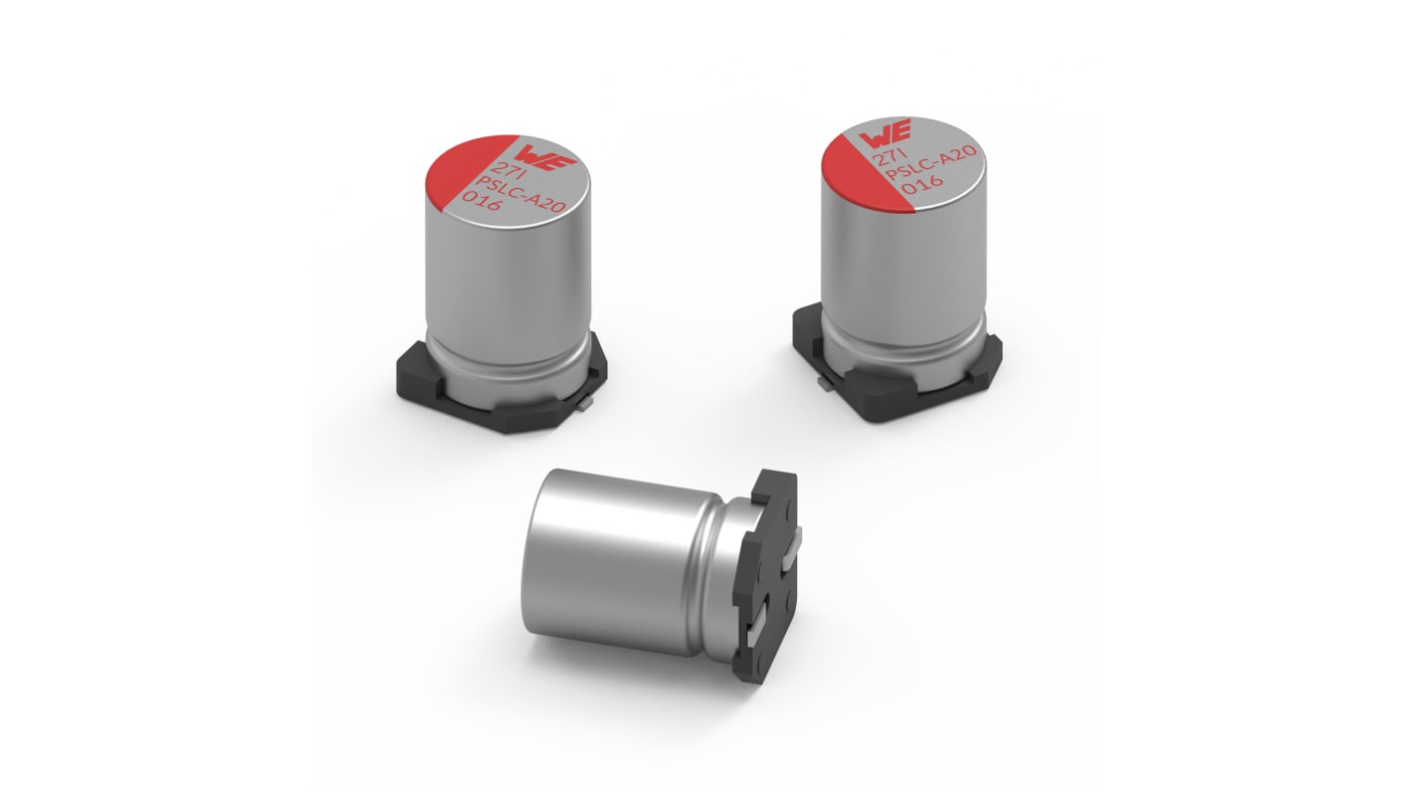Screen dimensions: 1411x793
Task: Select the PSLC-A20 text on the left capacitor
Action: click(x=523, y=193)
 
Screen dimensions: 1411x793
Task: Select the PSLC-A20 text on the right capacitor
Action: click(x=930, y=162)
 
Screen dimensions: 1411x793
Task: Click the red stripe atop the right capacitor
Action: click(x=862, y=170)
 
